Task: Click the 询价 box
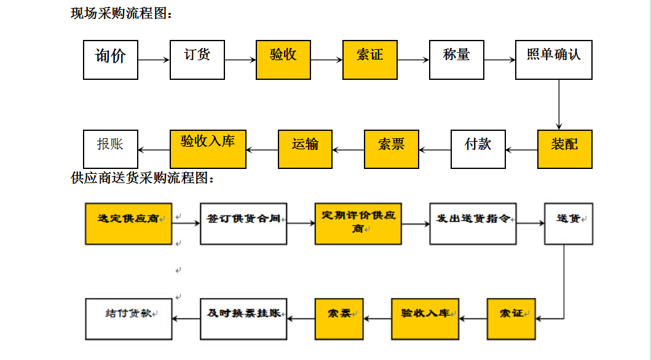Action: click(111, 60)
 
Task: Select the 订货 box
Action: click(197, 60)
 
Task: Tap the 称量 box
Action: click(456, 60)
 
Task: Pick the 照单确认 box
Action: click(553, 60)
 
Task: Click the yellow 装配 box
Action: click(564, 149)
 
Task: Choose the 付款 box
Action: click(478, 149)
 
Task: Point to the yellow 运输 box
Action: click(305, 149)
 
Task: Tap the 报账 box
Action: click(111, 149)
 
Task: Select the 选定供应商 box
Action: click(128, 223)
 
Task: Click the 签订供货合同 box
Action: click(243, 223)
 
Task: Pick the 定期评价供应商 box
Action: click(358, 223)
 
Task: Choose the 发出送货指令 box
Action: click(473, 223)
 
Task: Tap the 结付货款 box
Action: click(128, 318)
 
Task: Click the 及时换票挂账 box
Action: click(243, 318)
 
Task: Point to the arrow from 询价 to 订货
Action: click(154, 60)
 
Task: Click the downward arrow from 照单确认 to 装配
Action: click(559, 104)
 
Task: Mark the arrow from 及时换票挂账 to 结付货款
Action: click(186, 318)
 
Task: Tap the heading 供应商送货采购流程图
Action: click(143, 179)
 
